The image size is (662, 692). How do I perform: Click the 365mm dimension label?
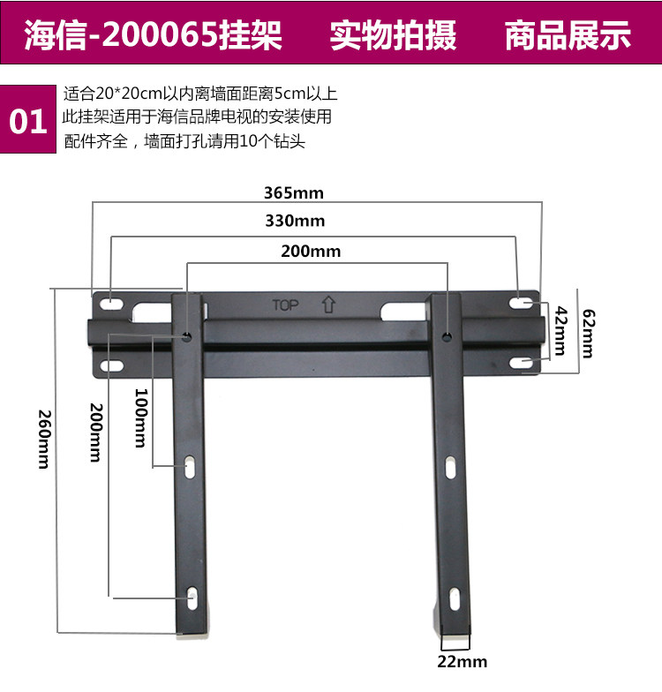click(x=294, y=192)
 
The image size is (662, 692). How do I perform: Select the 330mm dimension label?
click(x=295, y=221)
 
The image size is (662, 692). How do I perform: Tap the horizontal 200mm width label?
click(x=311, y=252)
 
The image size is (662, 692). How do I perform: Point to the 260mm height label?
click(x=43, y=439)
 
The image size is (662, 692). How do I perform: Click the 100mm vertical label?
click(x=139, y=418)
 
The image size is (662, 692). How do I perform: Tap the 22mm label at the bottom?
click(x=463, y=662)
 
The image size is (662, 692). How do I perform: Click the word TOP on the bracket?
click(x=285, y=305)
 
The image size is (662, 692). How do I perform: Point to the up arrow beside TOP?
click(x=328, y=305)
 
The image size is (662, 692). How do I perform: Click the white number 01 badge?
click(x=28, y=122)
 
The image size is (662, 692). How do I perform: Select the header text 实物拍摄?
click(x=393, y=36)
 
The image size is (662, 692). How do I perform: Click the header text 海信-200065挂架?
click(x=153, y=36)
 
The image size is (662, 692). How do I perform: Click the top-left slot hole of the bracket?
click(x=111, y=305)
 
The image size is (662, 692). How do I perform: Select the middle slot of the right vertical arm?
click(x=451, y=467)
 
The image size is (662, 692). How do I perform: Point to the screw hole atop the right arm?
click(x=448, y=336)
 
